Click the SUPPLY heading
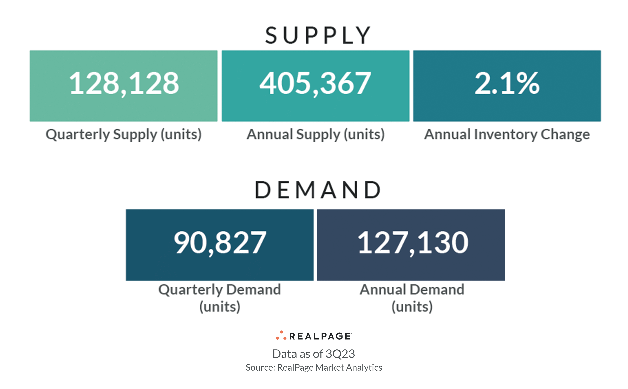pos(318,35)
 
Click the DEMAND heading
pos(318,190)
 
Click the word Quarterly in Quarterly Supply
pos(77,134)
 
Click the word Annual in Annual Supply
pos(269,134)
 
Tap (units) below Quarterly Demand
pos(220,307)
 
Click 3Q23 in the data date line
pos(340,354)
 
